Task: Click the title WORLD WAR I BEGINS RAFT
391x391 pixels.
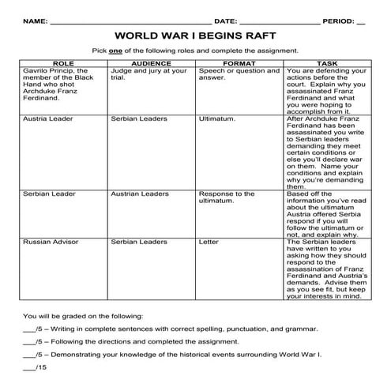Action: coord(195,36)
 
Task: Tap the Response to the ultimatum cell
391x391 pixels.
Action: coord(227,197)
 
